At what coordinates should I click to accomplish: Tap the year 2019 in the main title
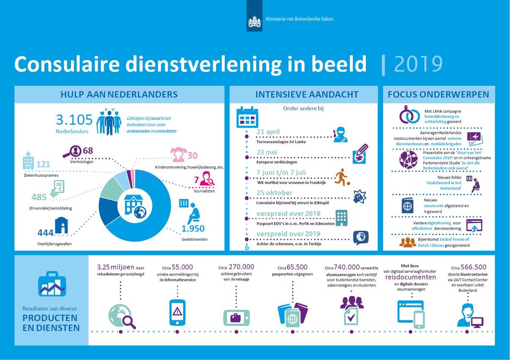[418, 64]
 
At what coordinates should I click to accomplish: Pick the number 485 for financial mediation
[39, 197]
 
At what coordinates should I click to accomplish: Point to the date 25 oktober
[275, 193]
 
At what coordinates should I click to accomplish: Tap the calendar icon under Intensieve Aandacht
[247, 116]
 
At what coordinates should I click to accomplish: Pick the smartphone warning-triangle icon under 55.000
[178, 312]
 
